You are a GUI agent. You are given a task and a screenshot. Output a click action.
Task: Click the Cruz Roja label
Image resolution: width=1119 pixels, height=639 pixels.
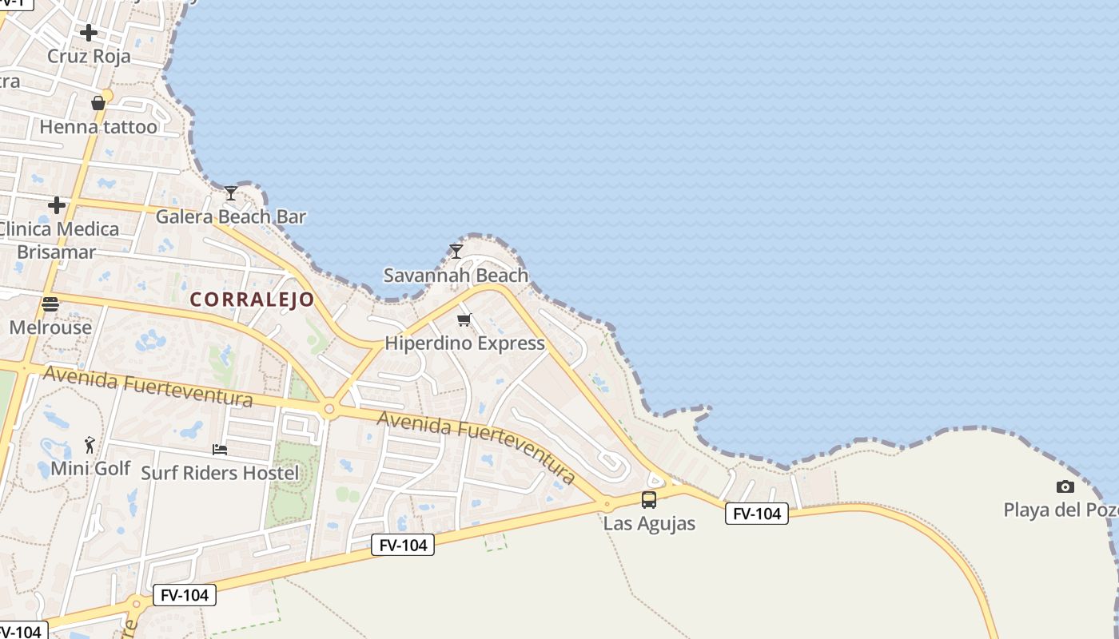(89, 56)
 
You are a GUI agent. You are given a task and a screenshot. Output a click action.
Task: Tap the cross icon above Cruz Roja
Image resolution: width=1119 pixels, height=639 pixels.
(89, 33)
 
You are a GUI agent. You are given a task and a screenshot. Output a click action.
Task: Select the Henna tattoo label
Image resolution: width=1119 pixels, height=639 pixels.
(98, 126)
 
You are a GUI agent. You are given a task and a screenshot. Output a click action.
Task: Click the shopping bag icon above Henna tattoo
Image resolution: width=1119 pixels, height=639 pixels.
(98, 103)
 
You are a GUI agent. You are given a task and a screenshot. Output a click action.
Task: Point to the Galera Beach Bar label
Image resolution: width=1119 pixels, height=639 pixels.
(230, 216)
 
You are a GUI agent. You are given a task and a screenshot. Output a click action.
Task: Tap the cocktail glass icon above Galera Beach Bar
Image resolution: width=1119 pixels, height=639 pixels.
(231, 192)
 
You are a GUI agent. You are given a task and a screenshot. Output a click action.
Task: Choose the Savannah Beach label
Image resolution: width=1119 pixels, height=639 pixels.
(456, 276)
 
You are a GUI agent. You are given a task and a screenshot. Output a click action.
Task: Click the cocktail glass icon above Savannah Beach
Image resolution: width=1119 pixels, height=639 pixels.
(456, 252)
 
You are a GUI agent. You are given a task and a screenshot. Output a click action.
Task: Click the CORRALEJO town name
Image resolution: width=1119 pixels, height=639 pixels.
(252, 300)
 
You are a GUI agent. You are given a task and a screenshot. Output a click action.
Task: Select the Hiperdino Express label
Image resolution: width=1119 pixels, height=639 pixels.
(464, 343)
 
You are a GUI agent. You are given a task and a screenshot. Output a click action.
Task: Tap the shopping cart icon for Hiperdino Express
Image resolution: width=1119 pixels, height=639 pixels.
(464, 320)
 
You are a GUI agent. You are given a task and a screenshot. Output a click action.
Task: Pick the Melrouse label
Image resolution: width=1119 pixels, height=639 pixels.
(50, 327)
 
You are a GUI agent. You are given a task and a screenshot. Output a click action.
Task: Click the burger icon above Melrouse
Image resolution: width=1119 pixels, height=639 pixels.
(50, 304)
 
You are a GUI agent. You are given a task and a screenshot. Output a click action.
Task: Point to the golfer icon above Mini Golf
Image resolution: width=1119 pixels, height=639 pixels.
(90, 445)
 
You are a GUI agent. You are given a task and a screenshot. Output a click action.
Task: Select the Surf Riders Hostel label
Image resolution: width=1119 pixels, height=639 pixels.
(220, 473)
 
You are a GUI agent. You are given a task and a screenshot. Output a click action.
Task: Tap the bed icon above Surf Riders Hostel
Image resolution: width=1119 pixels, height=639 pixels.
(220, 450)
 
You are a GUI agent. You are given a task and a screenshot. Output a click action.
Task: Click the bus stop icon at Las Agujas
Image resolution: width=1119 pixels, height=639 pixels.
(649, 500)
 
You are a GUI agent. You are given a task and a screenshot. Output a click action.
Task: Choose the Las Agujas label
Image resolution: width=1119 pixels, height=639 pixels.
(649, 524)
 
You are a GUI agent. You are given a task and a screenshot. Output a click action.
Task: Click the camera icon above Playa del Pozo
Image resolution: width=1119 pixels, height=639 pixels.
(1065, 486)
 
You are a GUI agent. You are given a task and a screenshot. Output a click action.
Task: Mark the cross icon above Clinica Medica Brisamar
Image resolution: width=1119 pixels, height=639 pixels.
(57, 205)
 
